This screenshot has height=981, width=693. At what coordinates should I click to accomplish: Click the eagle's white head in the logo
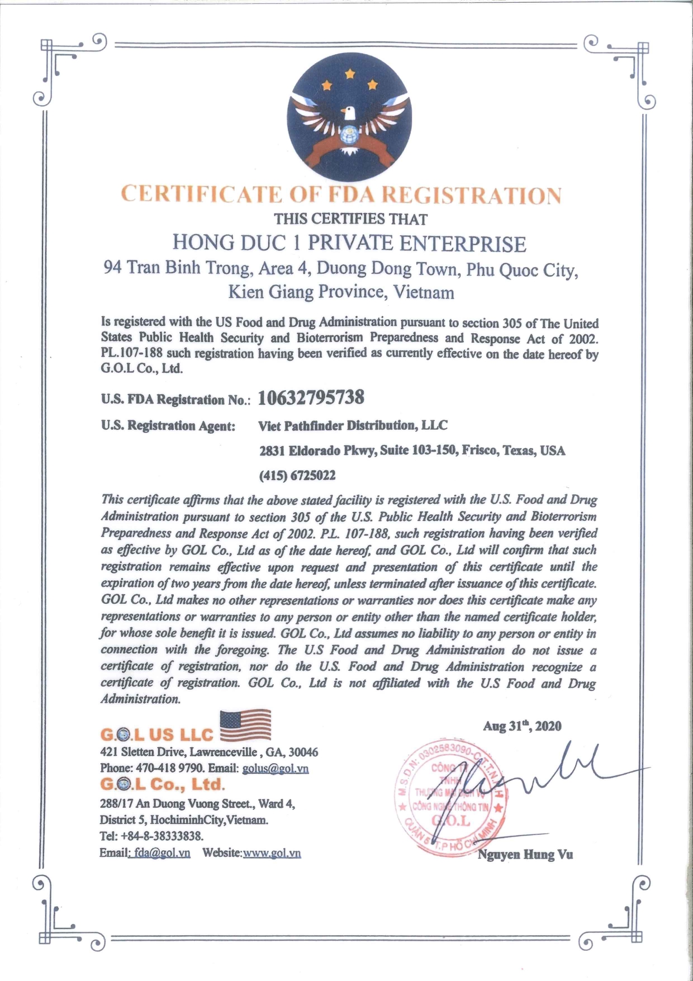pos(349,113)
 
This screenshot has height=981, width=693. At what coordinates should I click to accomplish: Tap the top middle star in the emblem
pos(350,74)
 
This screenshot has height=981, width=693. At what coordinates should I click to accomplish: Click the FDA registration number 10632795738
pos(311,397)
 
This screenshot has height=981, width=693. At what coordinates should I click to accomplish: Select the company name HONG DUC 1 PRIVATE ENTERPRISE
pos(349,244)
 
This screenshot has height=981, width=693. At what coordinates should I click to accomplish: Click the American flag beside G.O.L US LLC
pos(246,725)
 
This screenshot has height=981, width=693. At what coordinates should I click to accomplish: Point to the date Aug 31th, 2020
pos(522,726)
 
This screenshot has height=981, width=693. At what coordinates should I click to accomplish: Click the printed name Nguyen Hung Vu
pos(525,854)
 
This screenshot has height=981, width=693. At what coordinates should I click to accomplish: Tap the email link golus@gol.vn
pos(276,768)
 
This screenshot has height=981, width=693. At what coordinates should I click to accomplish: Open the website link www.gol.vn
pos(272,853)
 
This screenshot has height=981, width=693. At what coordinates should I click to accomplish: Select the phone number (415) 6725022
pos(297,476)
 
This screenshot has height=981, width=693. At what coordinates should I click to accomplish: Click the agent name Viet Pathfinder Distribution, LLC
pos(353,425)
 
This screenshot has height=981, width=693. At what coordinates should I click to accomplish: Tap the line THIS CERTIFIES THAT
pos(350,219)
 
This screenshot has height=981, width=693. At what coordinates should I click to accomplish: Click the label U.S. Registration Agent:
pos(168,426)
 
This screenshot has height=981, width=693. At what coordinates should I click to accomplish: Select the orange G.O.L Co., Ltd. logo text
pos(162,784)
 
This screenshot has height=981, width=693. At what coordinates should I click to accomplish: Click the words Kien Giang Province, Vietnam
pos(341,292)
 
